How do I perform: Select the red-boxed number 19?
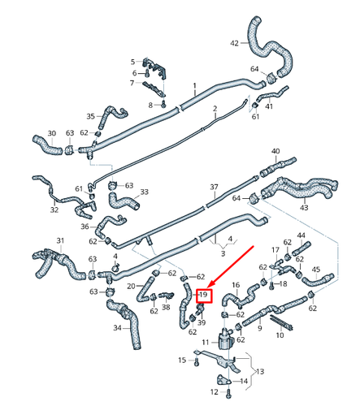[204, 295]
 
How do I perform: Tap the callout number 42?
[235, 41]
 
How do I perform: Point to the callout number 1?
[194, 85]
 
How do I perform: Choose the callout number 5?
[133, 62]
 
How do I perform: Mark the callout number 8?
[151, 105]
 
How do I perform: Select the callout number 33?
[145, 192]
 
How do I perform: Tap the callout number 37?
[215, 187]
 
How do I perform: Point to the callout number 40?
[275, 151]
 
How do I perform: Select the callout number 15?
[182, 360]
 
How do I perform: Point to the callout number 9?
[259, 330]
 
